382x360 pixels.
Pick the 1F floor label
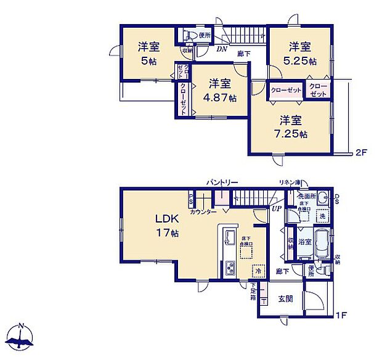coord(342,316)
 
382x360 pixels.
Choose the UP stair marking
coord(277,208)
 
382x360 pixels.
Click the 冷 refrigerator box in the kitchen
coord(258,270)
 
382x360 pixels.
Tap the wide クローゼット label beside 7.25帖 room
coord(286,91)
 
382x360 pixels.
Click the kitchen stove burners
coord(229,268)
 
